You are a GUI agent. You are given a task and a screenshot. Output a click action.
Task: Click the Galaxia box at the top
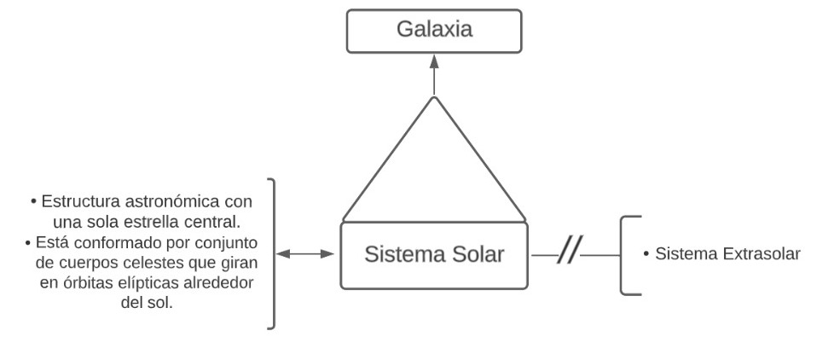click(433, 31)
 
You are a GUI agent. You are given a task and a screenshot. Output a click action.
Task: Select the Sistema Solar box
click(433, 254)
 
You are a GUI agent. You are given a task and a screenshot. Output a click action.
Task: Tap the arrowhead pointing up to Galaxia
click(433, 61)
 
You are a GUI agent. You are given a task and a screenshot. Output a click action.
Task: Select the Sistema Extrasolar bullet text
click(721, 254)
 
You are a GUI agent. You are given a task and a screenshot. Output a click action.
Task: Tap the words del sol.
click(148, 303)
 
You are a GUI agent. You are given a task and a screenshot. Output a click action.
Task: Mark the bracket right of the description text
click(272, 253)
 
